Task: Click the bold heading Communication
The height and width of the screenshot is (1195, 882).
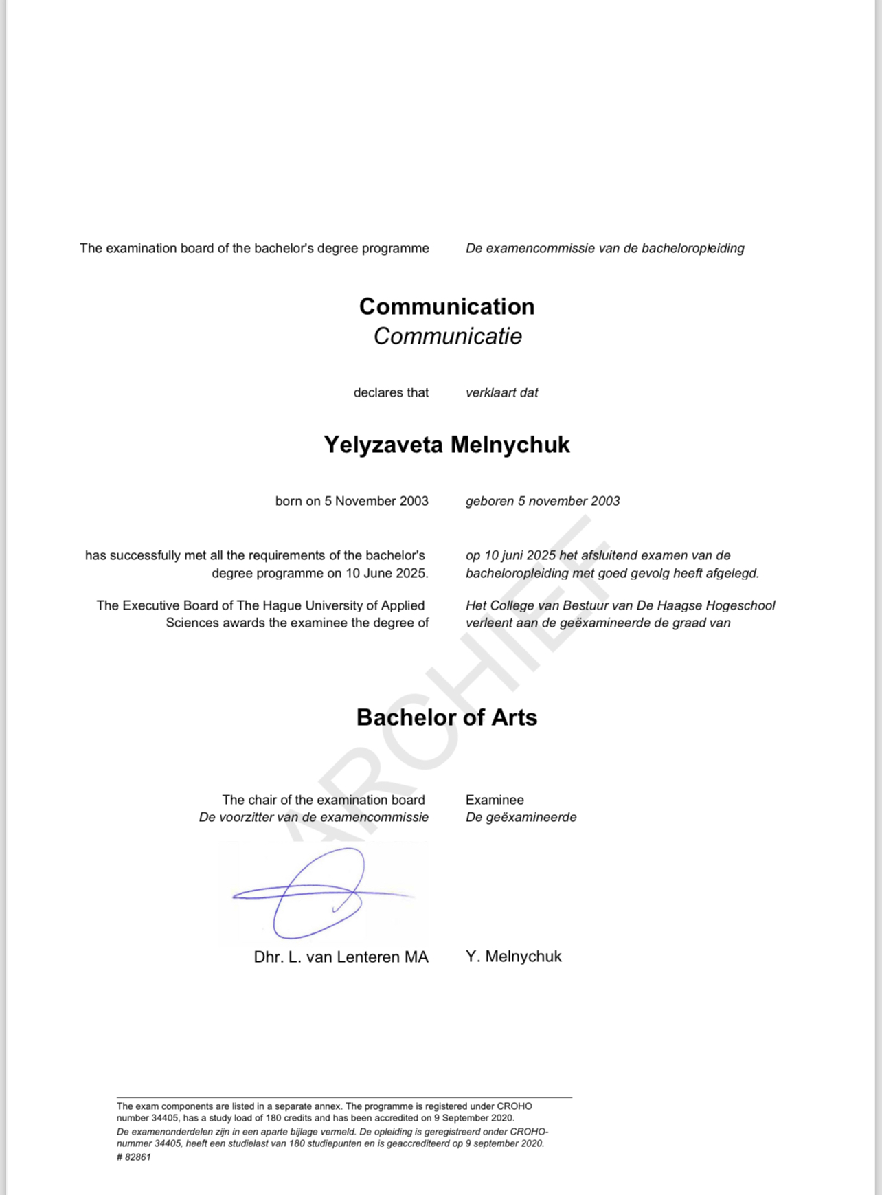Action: [x=446, y=306]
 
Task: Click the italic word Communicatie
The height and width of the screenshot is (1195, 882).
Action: [x=447, y=336]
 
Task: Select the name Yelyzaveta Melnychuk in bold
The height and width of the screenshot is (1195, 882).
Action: [x=446, y=445]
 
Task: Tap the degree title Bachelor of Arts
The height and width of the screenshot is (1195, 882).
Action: [x=446, y=717]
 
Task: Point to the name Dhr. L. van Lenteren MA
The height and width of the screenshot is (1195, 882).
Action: [x=341, y=957]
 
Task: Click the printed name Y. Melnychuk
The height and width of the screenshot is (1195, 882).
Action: [x=513, y=957]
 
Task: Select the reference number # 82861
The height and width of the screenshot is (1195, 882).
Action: [x=134, y=1157]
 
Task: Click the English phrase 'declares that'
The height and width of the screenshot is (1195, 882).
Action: [x=391, y=392]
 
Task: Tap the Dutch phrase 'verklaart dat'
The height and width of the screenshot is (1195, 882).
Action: [x=501, y=392]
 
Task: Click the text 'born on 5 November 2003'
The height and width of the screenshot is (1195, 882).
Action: [x=352, y=501]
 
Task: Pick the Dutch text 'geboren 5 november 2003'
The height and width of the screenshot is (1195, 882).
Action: [x=543, y=501]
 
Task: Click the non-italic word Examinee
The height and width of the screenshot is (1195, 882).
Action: [x=495, y=800]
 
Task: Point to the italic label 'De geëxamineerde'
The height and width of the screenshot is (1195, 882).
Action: [x=521, y=817]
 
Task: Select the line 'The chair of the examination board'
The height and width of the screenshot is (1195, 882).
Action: [x=324, y=800]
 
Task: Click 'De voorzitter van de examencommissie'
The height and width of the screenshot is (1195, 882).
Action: [x=313, y=817]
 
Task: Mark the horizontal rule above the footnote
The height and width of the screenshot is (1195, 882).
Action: [x=343, y=1097]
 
